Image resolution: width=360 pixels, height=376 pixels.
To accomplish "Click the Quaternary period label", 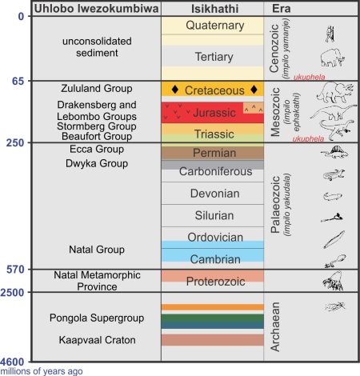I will [x=213, y=26].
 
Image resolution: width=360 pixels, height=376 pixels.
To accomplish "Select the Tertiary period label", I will [x=213, y=57].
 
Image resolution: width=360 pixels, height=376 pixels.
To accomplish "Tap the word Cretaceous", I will [x=213, y=90].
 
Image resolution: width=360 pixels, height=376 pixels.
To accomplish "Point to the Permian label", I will [x=213, y=152].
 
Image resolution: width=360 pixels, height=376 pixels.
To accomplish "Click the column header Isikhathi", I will [x=213, y=8].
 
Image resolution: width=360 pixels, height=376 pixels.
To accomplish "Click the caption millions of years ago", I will [x=42, y=370].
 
